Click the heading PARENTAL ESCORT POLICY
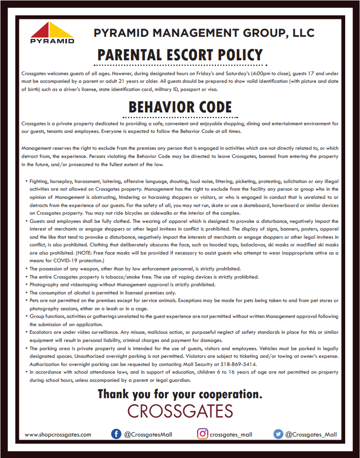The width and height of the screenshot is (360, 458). pyautogui.click(x=180, y=55)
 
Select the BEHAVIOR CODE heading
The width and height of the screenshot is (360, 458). pyautogui.click(x=180, y=107)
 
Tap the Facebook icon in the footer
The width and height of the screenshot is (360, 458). pyautogui.click(x=116, y=434)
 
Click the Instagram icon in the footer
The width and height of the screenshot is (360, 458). pyautogui.click(x=203, y=434)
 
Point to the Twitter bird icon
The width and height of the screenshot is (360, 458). pyautogui.click(x=278, y=434)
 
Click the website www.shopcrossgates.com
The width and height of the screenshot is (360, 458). pyautogui.click(x=58, y=434)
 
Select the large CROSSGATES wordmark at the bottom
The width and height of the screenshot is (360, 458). pyautogui.click(x=180, y=411)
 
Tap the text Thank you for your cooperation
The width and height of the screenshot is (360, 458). pyautogui.click(x=180, y=394)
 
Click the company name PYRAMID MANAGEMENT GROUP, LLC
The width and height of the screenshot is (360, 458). pyautogui.click(x=204, y=34)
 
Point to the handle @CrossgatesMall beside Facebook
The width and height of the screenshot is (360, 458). pyautogui.click(x=148, y=434)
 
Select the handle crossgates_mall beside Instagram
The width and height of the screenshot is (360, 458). pyautogui.click(x=231, y=434)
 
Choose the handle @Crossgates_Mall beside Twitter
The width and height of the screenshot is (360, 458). pyautogui.click(x=311, y=434)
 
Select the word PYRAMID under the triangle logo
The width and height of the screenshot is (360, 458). pyautogui.click(x=52, y=41)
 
